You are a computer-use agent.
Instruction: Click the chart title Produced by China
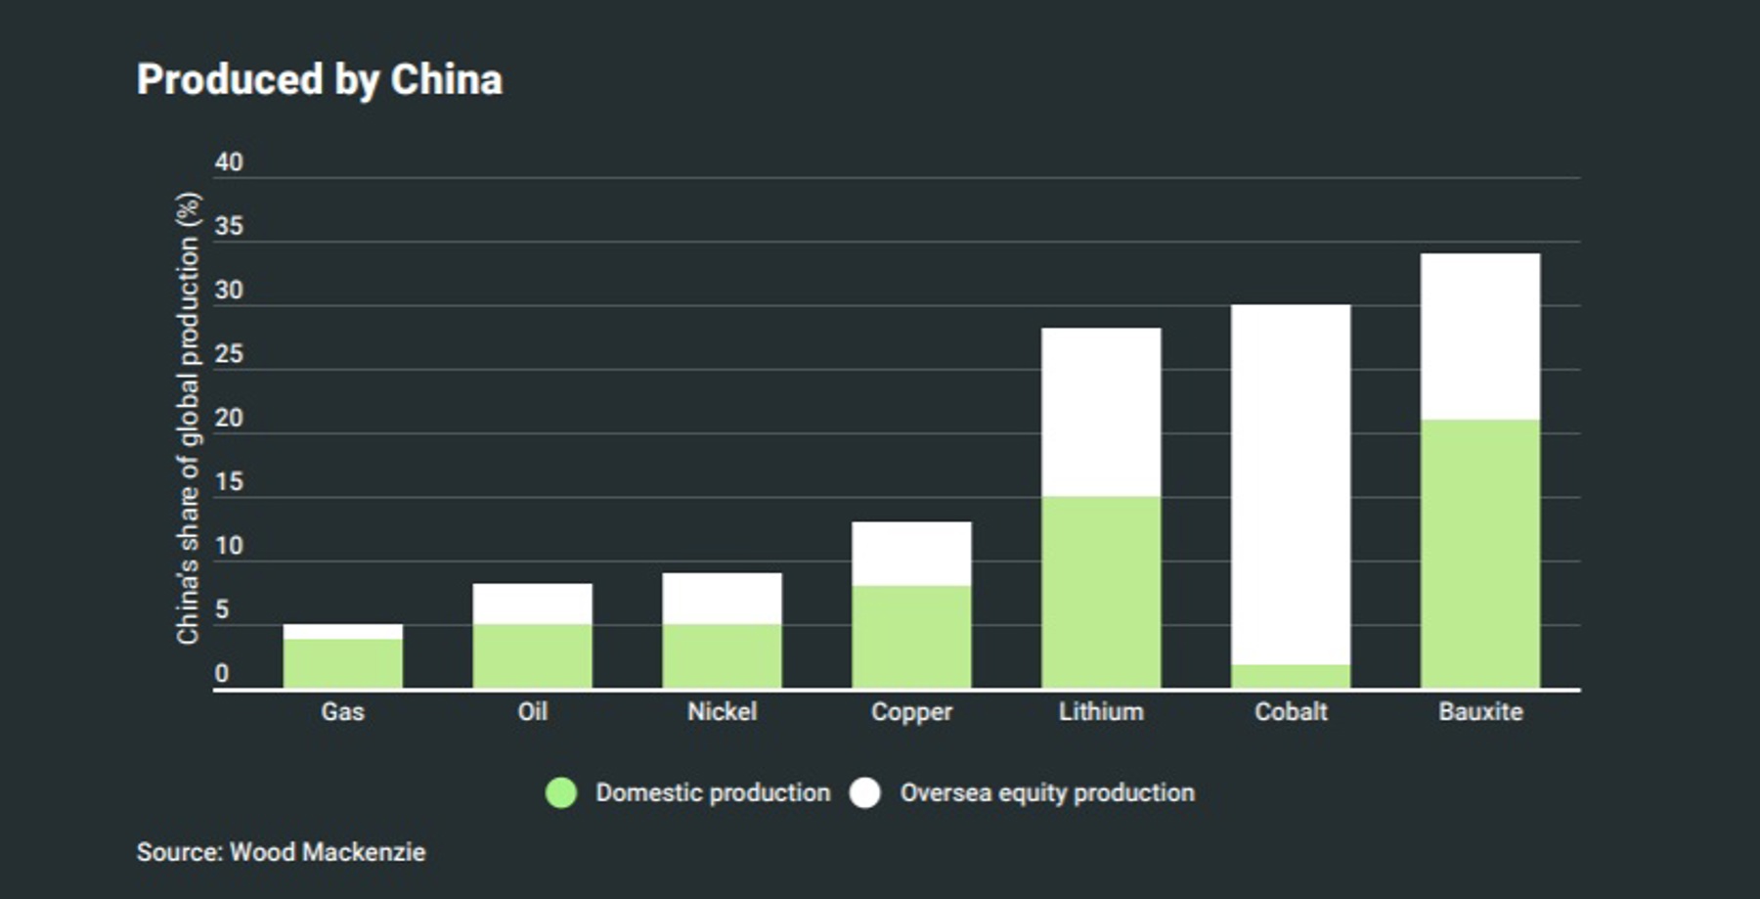(x=320, y=79)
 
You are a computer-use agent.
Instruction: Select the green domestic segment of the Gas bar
(x=343, y=663)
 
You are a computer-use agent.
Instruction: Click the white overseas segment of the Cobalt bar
(x=1291, y=484)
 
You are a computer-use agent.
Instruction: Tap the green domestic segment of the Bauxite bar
(x=1480, y=554)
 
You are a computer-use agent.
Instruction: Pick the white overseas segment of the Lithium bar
(x=1101, y=412)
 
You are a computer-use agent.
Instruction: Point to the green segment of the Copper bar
(x=911, y=636)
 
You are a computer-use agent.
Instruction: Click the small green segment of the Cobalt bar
(x=1291, y=676)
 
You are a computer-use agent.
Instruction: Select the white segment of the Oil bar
(x=533, y=604)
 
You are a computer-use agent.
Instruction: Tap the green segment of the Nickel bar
(x=722, y=655)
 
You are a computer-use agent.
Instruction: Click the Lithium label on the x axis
(x=1101, y=711)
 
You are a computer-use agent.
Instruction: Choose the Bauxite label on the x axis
(x=1480, y=711)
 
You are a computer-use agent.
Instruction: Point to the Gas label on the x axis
(x=343, y=711)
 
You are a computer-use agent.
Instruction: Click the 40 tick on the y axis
(x=229, y=162)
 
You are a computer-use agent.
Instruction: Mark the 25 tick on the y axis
(x=229, y=354)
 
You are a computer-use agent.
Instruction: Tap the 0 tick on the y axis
(x=222, y=673)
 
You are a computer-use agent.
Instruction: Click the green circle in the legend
(x=561, y=792)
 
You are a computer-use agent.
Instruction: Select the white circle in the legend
(x=865, y=792)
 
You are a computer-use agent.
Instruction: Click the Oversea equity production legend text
(x=1047, y=792)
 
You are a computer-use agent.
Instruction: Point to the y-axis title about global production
(x=188, y=418)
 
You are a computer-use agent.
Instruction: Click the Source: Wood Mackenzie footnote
(x=282, y=852)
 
